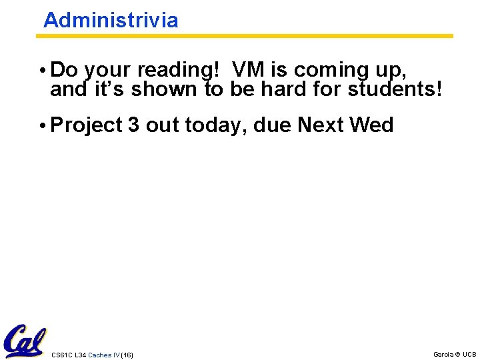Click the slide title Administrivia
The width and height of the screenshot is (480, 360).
111,20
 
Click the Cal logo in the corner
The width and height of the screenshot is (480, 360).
25,341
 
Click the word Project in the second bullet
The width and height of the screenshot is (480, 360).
86,125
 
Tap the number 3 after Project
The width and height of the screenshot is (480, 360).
133,125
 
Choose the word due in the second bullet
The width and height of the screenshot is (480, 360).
274,125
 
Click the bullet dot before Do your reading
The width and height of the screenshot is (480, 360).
43,71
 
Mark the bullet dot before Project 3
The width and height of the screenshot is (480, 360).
43,125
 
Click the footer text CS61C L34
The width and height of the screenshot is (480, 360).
69,355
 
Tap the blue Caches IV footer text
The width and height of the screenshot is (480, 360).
104,355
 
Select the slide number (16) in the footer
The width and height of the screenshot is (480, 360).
127,355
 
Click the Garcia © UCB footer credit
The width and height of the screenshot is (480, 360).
455,354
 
